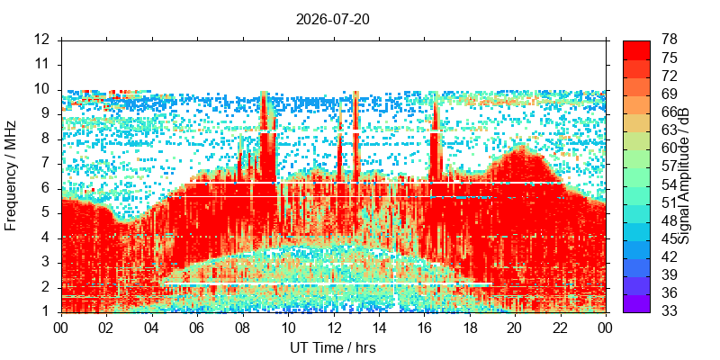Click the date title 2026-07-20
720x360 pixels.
tap(332, 19)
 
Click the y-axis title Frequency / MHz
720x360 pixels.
tap(11, 175)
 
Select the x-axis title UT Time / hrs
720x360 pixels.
tap(333, 348)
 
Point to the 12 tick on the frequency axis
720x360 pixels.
tap(49, 40)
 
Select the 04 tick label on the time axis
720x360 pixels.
tap(152, 328)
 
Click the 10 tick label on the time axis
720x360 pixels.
tap(288, 328)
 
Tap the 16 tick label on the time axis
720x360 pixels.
tap(425, 328)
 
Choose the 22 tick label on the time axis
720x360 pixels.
tap(561, 328)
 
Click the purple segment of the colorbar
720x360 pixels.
tap(636, 303)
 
